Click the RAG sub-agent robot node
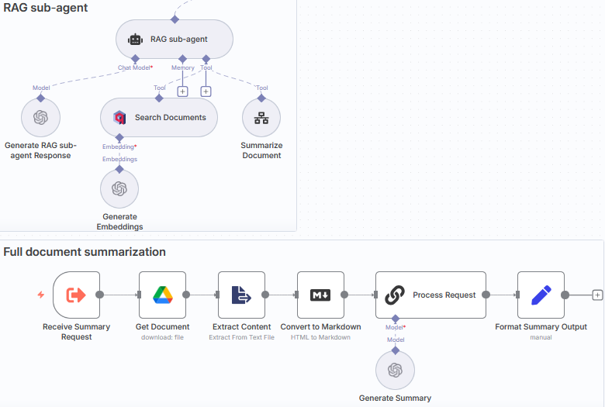coord(174,39)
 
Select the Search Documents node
coord(159,118)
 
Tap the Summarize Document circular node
coord(261,118)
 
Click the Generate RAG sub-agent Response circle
coord(41,118)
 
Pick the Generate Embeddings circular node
coord(119,189)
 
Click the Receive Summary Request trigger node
coord(76,295)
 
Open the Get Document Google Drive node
coord(162,295)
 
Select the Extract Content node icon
coord(242,295)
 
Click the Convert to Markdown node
coord(320,295)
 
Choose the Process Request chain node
coord(430,295)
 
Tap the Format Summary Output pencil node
coord(541,295)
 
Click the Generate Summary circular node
coord(395,370)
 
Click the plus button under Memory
coord(183,91)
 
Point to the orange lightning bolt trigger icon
coord(41,295)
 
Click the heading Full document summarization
coord(85,252)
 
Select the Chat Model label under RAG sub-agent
coord(135,68)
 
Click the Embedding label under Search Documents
coord(119,147)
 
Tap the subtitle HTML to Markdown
coord(320,337)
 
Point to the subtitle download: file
coord(162,337)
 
